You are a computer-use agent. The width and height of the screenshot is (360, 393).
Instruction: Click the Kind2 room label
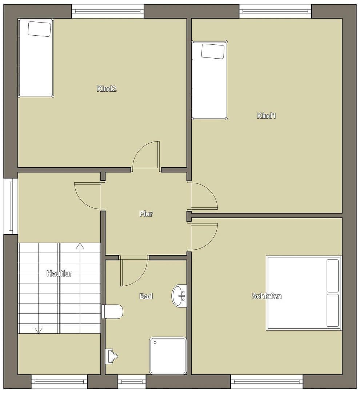coord(107,88)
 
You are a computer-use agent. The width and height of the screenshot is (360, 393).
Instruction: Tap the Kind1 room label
coord(266,116)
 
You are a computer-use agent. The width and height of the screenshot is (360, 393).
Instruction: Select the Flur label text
coord(146,214)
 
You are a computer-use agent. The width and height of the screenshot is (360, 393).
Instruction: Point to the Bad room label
coord(146,296)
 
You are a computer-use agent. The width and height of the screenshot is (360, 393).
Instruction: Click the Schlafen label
coord(267,296)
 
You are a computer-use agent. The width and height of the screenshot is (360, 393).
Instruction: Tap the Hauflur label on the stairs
coord(59,274)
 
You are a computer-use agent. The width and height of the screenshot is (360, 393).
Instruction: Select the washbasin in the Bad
coord(179,295)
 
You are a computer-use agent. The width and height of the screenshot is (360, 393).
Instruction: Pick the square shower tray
coord(168,355)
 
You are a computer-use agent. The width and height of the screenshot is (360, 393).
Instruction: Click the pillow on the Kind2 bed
coord(39,29)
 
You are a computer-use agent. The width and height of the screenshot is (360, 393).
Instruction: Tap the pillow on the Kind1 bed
coord(213,51)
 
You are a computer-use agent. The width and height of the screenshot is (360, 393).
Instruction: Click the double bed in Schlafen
coord(304,293)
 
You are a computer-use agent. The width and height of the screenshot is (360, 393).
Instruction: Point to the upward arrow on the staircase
coord(80,246)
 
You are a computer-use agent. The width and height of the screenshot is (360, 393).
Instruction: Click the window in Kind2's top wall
coord(108,11)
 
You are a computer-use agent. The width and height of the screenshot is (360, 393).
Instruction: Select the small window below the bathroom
coord(132,382)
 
